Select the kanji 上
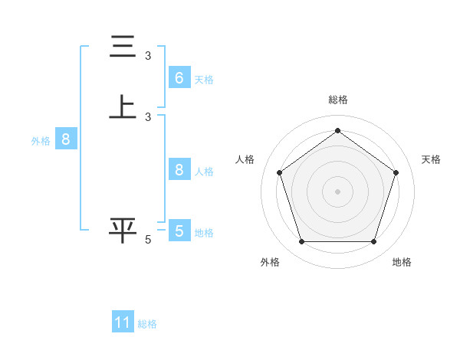(123, 106)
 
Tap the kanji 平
(123, 230)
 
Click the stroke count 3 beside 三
(148, 55)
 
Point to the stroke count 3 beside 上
(148, 116)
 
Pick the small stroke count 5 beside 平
(148, 240)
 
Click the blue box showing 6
(179, 77)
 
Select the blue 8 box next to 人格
(179, 170)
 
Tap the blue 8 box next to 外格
(66, 139)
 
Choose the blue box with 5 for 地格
(179, 231)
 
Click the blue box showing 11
(123, 322)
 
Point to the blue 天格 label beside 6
(204, 79)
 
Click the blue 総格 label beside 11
(147, 324)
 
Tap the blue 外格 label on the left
(41, 141)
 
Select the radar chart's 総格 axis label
(337, 100)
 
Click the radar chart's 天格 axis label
(431, 159)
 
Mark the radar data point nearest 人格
(279, 172)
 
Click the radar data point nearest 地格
(373, 242)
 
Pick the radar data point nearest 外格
(301, 242)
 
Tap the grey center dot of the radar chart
(337, 191)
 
